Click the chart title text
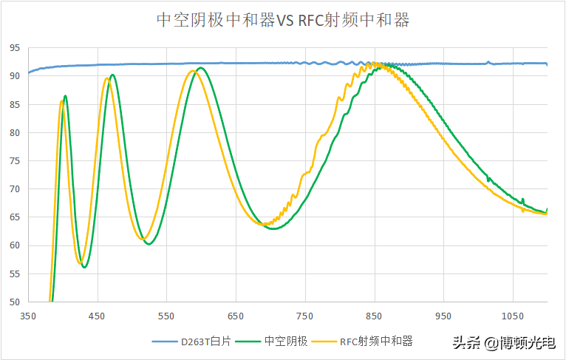283,20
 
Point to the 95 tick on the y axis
15,48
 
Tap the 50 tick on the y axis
15,302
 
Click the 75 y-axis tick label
15,161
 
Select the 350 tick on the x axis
28,316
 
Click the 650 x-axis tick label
236,316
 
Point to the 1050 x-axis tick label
513,316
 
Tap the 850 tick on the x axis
375,316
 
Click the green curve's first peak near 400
65,95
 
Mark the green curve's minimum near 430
84,268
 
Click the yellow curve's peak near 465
107,78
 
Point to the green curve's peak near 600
200,67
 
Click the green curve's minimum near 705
274,229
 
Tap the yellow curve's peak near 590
193,71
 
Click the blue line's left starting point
28,73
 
